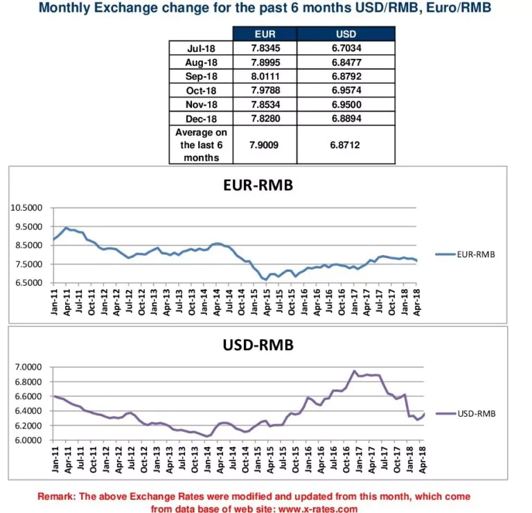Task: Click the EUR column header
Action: click(x=265, y=34)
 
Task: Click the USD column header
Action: click(x=346, y=34)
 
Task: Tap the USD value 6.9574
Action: click(x=346, y=91)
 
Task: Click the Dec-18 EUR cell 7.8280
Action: click(x=265, y=119)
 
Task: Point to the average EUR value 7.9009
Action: click(x=265, y=145)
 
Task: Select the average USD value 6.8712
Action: click(x=346, y=145)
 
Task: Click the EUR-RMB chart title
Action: click(x=258, y=186)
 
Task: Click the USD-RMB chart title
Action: click(x=258, y=345)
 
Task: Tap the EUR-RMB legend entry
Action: click(x=475, y=254)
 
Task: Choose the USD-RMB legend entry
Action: click(x=475, y=413)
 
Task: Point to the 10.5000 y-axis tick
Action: click(x=28, y=208)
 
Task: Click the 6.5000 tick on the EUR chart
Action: click(x=30, y=283)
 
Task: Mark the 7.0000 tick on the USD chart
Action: click(x=30, y=367)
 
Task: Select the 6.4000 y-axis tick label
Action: click(x=30, y=411)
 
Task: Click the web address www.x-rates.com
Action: click(x=318, y=509)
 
